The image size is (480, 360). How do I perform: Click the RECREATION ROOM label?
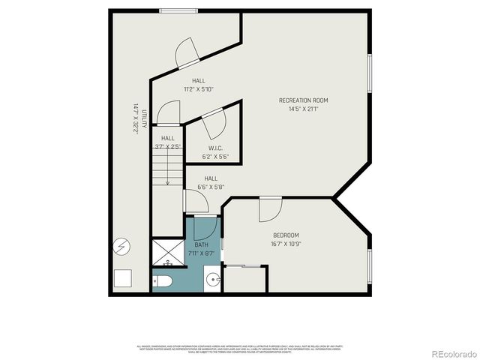(303, 100)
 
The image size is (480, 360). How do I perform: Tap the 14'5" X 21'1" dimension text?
(303, 109)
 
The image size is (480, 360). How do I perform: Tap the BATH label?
(202, 244)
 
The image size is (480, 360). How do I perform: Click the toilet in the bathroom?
(163, 281)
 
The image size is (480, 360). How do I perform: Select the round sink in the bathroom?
(212, 281)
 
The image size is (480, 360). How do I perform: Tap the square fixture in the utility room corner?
(123, 278)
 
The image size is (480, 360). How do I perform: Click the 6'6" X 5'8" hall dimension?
(211, 187)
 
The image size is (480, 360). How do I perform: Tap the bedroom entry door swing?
(270, 210)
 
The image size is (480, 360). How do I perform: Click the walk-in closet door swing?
(213, 120)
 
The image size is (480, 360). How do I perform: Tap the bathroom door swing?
(205, 226)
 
